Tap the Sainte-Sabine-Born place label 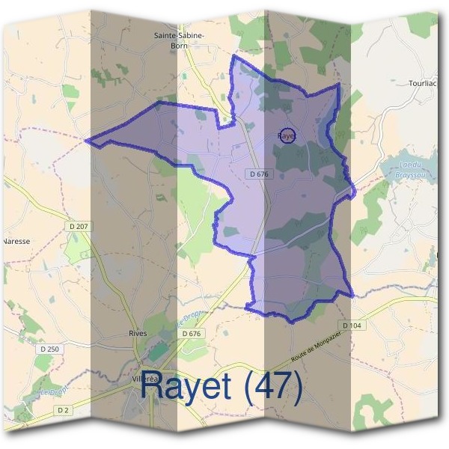(179, 40)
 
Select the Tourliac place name (424, 83)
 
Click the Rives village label (138, 333)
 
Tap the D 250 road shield (49, 349)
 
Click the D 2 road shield (63, 410)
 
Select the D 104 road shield (352, 326)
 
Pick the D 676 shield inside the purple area (257, 174)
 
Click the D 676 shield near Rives (192, 334)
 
